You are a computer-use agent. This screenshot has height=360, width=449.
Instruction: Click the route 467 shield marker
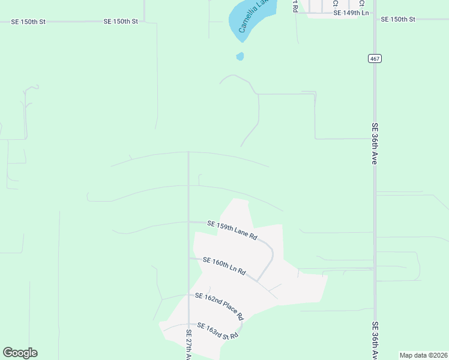click(x=375, y=58)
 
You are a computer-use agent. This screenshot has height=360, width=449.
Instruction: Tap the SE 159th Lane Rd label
click(x=232, y=230)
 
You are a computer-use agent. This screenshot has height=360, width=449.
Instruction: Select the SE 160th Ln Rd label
click(x=224, y=266)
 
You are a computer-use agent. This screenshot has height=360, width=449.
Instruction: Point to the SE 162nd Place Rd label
click(x=219, y=306)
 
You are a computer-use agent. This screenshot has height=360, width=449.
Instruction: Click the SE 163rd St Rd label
click(x=217, y=331)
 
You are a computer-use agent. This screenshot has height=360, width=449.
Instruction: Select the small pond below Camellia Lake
click(x=240, y=57)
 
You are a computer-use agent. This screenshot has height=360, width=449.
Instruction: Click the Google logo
click(x=20, y=353)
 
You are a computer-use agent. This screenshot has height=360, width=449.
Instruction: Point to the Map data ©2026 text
click(x=423, y=355)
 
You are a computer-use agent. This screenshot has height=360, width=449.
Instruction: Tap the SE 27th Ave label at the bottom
click(x=188, y=344)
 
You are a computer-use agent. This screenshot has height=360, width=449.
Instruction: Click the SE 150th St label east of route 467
click(x=398, y=20)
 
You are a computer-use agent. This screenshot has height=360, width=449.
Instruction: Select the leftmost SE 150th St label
click(x=28, y=22)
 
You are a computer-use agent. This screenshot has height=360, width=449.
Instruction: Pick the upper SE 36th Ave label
click(x=374, y=144)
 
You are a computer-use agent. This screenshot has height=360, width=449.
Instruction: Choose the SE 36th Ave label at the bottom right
click(x=374, y=340)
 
